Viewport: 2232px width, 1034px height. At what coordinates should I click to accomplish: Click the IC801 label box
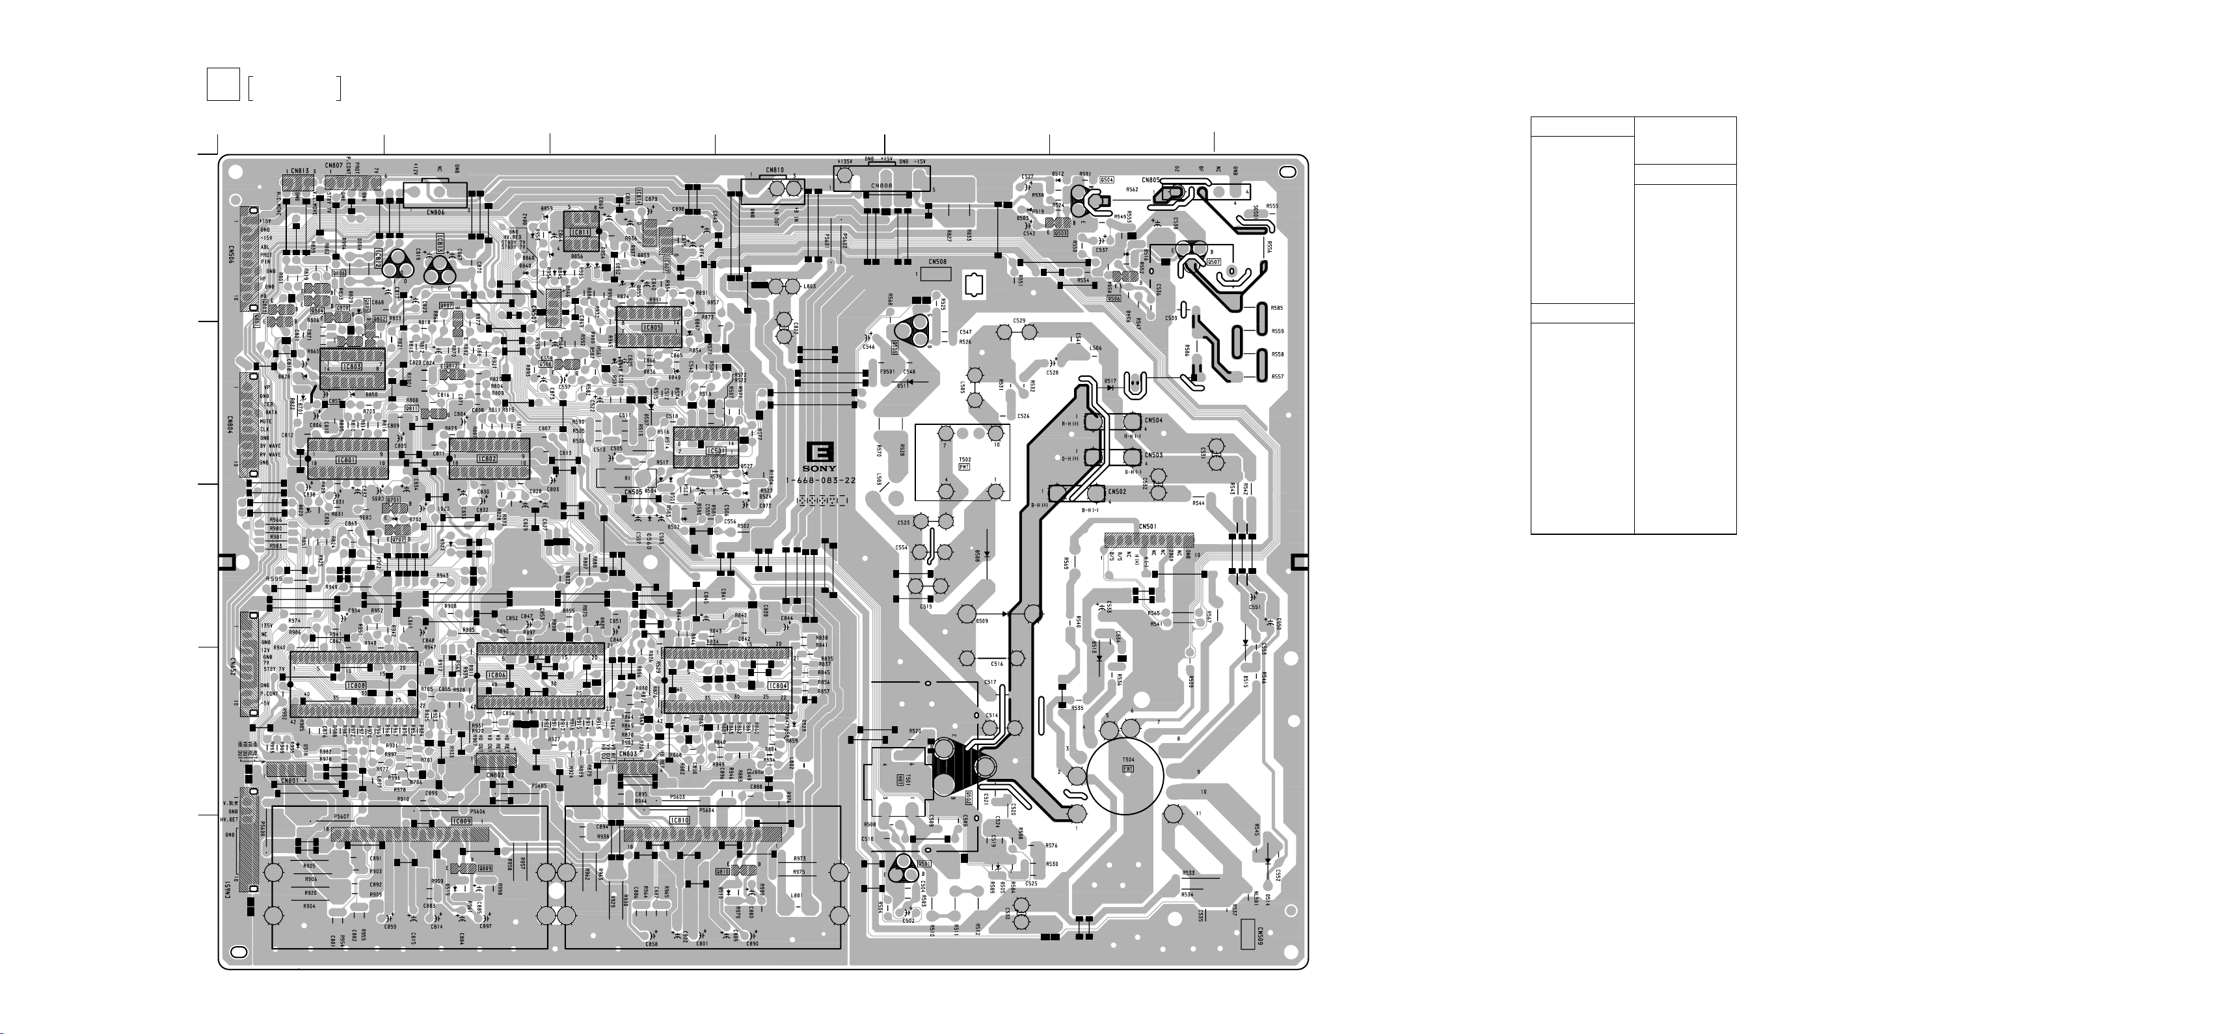coord(345,459)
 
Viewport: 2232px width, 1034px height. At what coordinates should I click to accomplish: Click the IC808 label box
coord(356,686)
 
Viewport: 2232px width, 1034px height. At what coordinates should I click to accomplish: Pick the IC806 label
coord(496,675)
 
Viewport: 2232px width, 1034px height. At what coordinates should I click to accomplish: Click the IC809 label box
coord(462,820)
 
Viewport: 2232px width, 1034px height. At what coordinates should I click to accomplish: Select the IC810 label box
coord(679,820)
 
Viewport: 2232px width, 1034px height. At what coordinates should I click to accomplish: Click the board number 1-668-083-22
coord(820,481)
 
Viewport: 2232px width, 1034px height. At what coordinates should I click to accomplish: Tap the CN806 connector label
coord(436,211)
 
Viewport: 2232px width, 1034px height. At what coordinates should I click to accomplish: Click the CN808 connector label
coord(881,185)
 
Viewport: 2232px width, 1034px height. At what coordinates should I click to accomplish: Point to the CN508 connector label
coord(937,261)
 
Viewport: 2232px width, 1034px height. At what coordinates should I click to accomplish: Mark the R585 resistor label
coord(1277,308)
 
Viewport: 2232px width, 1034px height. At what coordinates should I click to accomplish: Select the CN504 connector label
coord(1153,420)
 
